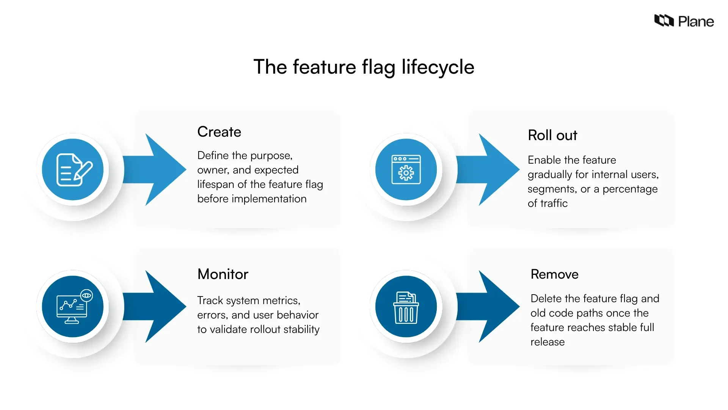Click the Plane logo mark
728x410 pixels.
click(664, 21)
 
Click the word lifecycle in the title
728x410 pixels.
click(438, 67)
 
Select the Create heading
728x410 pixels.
click(219, 132)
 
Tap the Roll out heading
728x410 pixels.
click(552, 136)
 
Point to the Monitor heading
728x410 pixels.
click(223, 274)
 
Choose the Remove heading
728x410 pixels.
click(554, 274)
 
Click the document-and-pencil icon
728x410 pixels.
click(74, 170)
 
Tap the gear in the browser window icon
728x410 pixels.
click(406, 173)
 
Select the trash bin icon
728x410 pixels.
click(406, 307)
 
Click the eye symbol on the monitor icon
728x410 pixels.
click(87, 295)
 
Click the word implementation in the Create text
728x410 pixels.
click(269, 199)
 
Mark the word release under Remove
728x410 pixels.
click(547, 342)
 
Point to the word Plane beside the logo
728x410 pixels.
click(696, 22)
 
